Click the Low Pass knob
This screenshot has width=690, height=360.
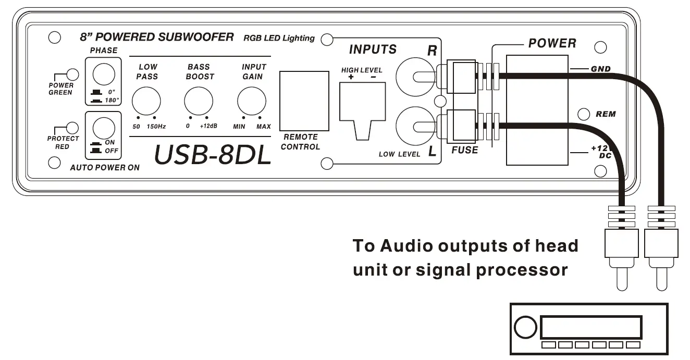[x=145, y=101]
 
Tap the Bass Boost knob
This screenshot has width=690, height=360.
[x=199, y=101]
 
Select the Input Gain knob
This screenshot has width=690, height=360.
[x=252, y=101]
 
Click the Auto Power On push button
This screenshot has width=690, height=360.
[x=103, y=128]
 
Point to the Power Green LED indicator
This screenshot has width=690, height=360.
[x=73, y=75]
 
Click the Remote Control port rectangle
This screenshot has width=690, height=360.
[x=304, y=101]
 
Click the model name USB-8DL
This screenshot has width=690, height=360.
[x=213, y=155]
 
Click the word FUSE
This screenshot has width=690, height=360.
[x=464, y=150]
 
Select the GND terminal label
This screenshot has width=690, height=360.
[x=600, y=69]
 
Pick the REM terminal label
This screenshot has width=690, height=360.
[x=605, y=114]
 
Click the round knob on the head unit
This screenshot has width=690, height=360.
[x=525, y=328]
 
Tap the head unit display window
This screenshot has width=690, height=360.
[x=591, y=327]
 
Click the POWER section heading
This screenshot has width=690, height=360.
[x=552, y=43]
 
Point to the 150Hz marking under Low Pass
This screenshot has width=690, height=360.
[x=156, y=127]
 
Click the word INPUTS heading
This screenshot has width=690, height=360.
[x=372, y=49]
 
